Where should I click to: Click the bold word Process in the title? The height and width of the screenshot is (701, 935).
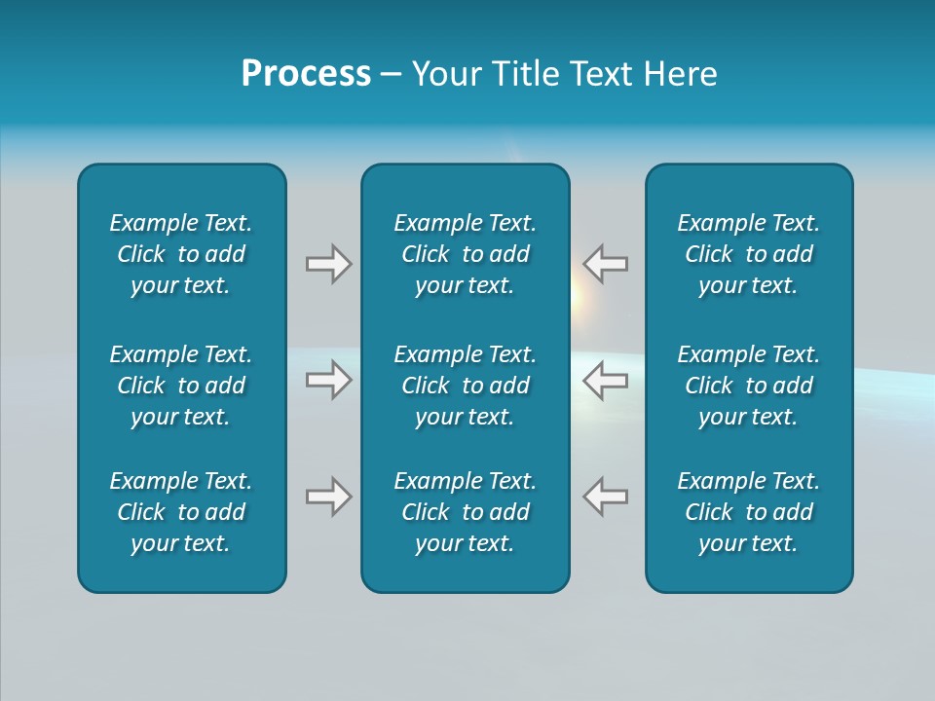[306, 74]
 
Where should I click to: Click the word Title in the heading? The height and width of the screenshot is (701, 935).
[527, 74]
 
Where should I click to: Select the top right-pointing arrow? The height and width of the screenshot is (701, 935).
[328, 264]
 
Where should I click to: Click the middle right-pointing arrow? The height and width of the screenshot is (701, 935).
[328, 380]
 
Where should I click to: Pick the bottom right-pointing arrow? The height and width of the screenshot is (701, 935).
[328, 497]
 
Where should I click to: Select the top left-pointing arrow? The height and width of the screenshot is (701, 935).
[606, 264]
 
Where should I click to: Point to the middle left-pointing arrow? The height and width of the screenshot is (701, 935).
[606, 380]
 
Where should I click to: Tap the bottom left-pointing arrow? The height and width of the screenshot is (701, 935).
[606, 497]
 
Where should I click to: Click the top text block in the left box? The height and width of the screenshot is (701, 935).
[181, 254]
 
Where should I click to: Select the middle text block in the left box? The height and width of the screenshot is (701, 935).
[181, 386]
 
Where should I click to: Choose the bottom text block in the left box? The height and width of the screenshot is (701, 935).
[181, 512]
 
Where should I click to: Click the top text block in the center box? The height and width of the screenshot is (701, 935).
[465, 254]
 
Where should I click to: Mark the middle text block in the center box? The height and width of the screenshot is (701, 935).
[465, 386]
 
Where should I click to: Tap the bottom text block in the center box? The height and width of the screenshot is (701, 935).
[465, 512]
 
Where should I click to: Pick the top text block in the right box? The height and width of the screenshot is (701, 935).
[749, 254]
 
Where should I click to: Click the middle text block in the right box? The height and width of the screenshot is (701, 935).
[749, 386]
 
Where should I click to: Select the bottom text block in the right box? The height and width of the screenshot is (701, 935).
[749, 512]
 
